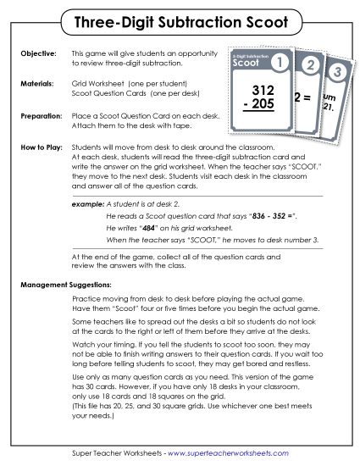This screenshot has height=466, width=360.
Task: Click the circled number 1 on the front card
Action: pyautogui.click(x=281, y=62)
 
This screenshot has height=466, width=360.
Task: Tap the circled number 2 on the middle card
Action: pyautogui.click(x=311, y=65)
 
